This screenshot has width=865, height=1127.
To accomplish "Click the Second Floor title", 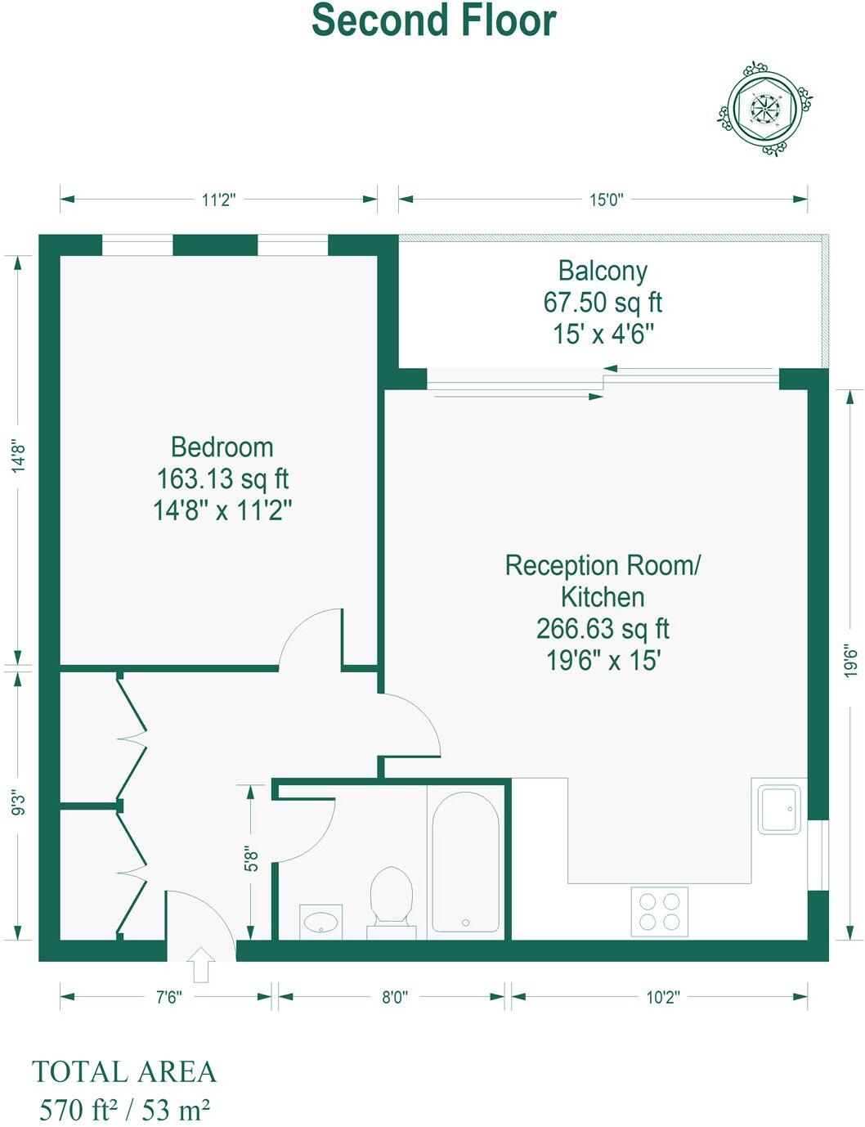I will [x=433, y=20].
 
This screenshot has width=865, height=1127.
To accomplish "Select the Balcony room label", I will [x=603, y=271].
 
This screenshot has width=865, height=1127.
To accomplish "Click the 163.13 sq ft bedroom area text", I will [x=222, y=478].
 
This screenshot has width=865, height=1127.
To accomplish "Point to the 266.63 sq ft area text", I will [x=603, y=628].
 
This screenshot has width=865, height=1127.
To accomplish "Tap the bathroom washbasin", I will [x=320, y=922].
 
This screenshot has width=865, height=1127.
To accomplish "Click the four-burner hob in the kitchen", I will [x=660, y=911].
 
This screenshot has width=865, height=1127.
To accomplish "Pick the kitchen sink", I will [x=779, y=809].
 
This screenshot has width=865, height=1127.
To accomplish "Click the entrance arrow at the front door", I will [x=201, y=965].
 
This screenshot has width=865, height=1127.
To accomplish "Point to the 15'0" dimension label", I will [x=606, y=200].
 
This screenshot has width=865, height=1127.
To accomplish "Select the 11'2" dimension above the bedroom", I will [x=218, y=200].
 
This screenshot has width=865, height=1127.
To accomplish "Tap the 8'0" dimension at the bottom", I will [x=394, y=997].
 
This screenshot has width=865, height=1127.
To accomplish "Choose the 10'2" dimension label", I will [x=662, y=997].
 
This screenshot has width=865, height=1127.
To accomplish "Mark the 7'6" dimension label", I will [x=168, y=997].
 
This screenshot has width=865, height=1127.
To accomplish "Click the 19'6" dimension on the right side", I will [x=850, y=660].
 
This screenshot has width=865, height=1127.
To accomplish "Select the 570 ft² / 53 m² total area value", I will [x=124, y=1110].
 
